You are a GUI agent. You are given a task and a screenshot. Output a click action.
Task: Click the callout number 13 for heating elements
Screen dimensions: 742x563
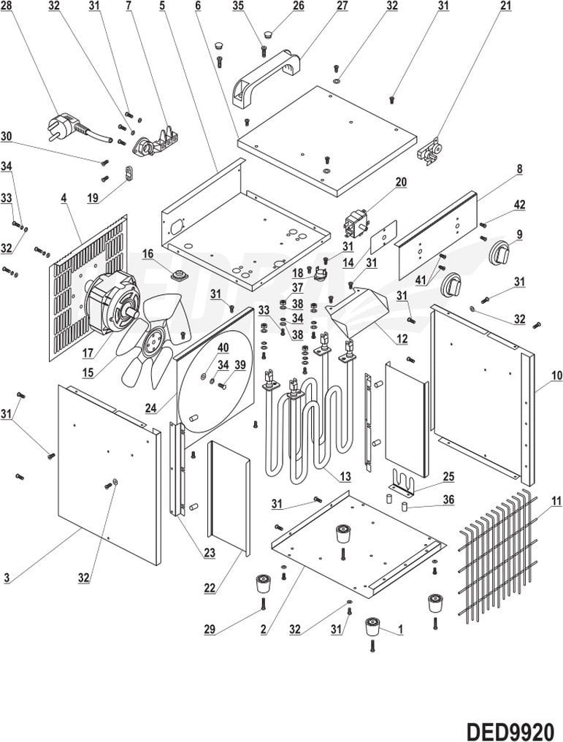pos(345,475)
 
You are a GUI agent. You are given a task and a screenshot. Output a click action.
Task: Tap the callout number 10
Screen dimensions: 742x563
pos(556,375)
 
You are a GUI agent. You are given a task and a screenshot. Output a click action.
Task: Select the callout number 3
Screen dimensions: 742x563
pos(7,578)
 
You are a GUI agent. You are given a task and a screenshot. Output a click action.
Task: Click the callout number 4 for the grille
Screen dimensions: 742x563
pos(64,197)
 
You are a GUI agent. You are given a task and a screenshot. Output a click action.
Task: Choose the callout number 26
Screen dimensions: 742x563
pos(299,6)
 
